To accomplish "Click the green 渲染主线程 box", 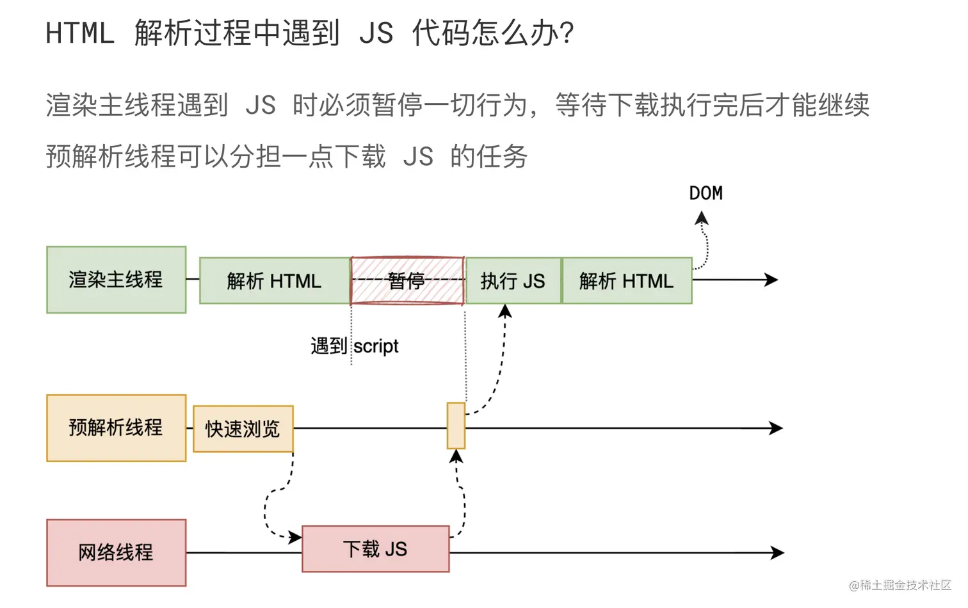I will (x=116, y=280).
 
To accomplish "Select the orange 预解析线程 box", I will (x=116, y=428).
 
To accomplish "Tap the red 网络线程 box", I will (x=116, y=552).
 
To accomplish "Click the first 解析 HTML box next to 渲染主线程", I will (x=274, y=280).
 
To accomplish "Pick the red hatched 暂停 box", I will (x=407, y=280).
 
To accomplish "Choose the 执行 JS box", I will (x=513, y=280).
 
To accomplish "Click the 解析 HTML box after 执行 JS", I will (x=626, y=280).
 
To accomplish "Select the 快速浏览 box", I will (x=243, y=429).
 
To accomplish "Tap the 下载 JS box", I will (x=375, y=548).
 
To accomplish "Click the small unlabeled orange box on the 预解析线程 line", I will (x=456, y=426).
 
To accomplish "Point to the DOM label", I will (x=706, y=193).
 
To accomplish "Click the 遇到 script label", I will (x=354, y=346).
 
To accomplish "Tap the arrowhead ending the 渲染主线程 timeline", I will (x=771, y=280).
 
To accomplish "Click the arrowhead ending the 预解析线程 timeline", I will (x=776, y=428).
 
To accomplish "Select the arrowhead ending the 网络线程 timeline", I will (x=777, y=552).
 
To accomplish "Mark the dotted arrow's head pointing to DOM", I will (x=702, y=219).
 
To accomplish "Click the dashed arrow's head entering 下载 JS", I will (x=295, y=537).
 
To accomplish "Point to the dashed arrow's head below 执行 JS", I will (x=505, y=312).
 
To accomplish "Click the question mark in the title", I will (x=566, y=33).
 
